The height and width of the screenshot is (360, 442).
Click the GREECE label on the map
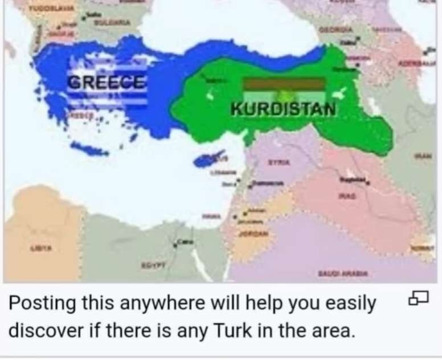(107, 81)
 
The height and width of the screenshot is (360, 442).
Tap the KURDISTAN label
(283, 108)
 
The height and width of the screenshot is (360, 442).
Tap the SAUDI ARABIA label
(346, 273)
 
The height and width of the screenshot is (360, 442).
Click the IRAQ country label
(348, 195)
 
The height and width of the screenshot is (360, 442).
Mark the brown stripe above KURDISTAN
(284, 84)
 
